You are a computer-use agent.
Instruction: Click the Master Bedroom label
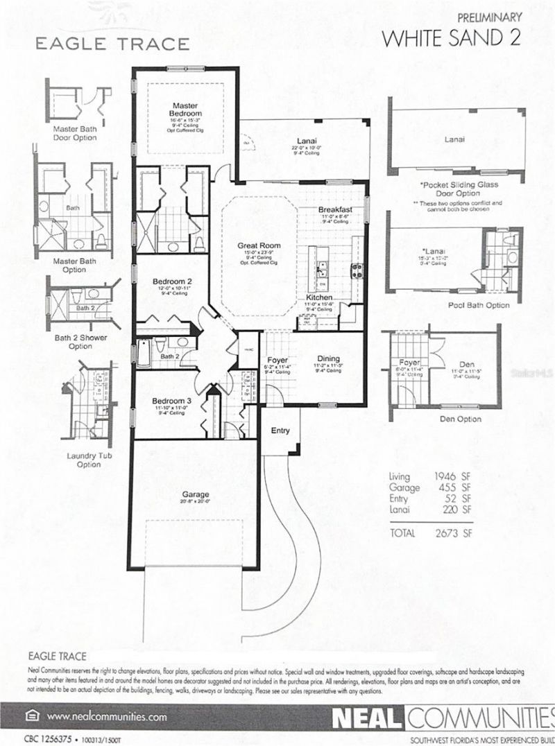[185, 110]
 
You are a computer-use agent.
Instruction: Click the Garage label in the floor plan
[196, 494]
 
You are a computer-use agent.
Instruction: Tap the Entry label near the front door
[280, 431]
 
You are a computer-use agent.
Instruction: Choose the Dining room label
[328, 359]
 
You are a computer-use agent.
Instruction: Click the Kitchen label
[319, 297]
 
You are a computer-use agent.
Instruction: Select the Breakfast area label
[336, 209]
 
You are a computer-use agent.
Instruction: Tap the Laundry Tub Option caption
[84, 460]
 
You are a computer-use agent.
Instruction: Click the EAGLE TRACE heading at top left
[112, 44]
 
